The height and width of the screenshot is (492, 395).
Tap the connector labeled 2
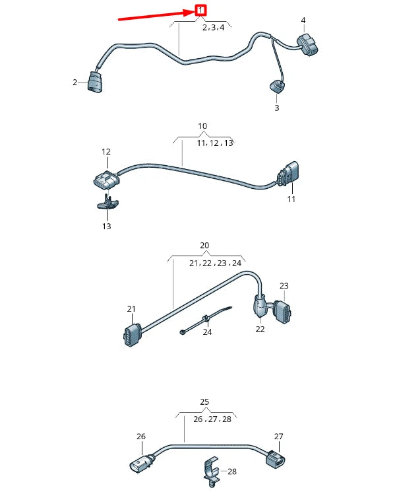click(94, 82)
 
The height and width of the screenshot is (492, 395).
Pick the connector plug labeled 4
click(308, 45)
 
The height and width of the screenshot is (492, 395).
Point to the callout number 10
click(202, 125)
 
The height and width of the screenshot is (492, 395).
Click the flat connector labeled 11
click(287, 177)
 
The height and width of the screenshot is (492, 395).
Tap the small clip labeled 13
click(106, 205)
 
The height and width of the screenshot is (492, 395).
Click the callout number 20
click(204, 246)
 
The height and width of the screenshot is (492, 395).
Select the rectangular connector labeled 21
click(131, 335)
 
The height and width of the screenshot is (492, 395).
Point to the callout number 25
click(204, 402)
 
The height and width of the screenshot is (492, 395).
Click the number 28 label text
click(231, 472)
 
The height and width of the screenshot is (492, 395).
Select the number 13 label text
click(106, 226)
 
